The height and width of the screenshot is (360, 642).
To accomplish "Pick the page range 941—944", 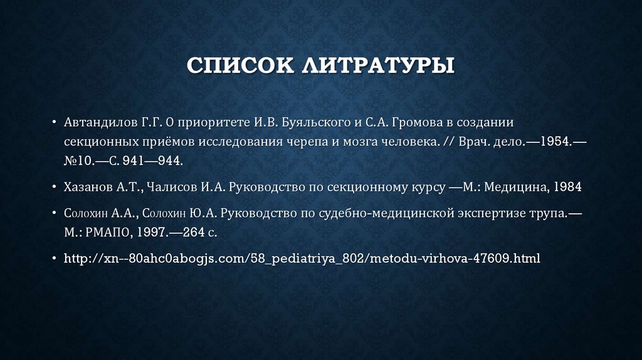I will point(154,161).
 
